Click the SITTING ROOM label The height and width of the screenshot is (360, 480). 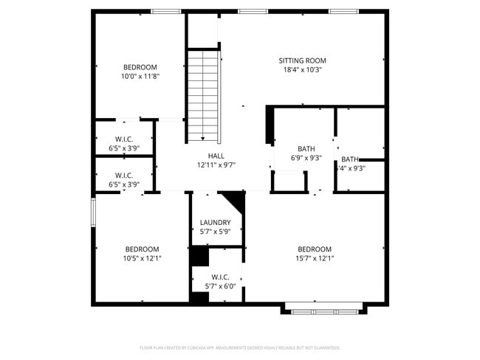(x=302, y=60)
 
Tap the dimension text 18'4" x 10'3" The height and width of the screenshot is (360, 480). (x=302, y=70)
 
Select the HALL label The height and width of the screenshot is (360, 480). (x=216, y=156)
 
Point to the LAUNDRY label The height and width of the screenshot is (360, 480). (x=216, y=223)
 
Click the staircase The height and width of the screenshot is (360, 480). (x=203, y=95)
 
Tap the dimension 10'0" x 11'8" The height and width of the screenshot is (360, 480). (x=140, y=76)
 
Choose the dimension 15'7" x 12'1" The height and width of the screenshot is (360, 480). (x=315, y=258)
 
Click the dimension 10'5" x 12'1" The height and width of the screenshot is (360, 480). (x=142, y=258)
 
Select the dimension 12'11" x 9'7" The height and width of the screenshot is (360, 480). (x=216, y=165)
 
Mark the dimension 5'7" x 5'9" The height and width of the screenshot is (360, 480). (x=216, y=232)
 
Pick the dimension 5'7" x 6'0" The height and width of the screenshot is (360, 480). (x=216, y=286)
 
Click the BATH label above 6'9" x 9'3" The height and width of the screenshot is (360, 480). (x=306, y=148)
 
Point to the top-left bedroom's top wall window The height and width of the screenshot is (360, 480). (x=165, y=11)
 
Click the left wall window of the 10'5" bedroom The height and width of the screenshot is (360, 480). (x=93, y=211)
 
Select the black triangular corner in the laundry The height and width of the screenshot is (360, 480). (x=236, y=199)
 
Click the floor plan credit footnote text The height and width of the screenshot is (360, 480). (x=239, y=347)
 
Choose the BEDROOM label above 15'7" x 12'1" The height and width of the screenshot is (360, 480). (x=315, y=249)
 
